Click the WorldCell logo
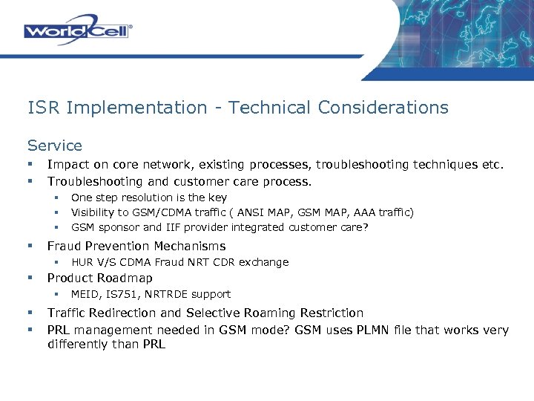coord(78,30)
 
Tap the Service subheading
coord(54,146)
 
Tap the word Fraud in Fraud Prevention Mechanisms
coord(65,246)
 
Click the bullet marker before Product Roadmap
coord(30,278)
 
